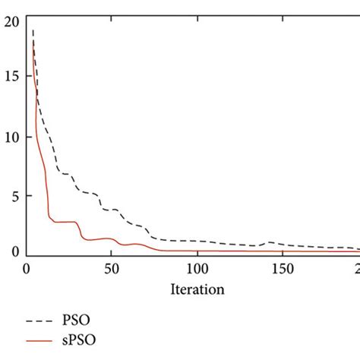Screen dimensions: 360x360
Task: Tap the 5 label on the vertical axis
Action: click(12, 195)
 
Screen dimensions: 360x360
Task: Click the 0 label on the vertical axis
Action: click(12, 252)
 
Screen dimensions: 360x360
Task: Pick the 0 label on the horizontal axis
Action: click(27, 268)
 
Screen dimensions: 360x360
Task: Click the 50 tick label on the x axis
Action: click(111, 268)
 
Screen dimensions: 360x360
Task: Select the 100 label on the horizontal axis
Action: click(196, 268)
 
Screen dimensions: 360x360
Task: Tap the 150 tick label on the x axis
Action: click(281, 268)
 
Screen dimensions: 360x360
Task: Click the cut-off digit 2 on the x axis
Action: click(356, 268)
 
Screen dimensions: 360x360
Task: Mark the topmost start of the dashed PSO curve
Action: click(33, 30)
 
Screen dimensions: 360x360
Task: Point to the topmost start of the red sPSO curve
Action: click(33, 39)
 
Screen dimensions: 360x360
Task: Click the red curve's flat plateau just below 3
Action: click(65, 222)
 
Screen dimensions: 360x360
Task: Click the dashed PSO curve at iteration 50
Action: click(111, 210)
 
